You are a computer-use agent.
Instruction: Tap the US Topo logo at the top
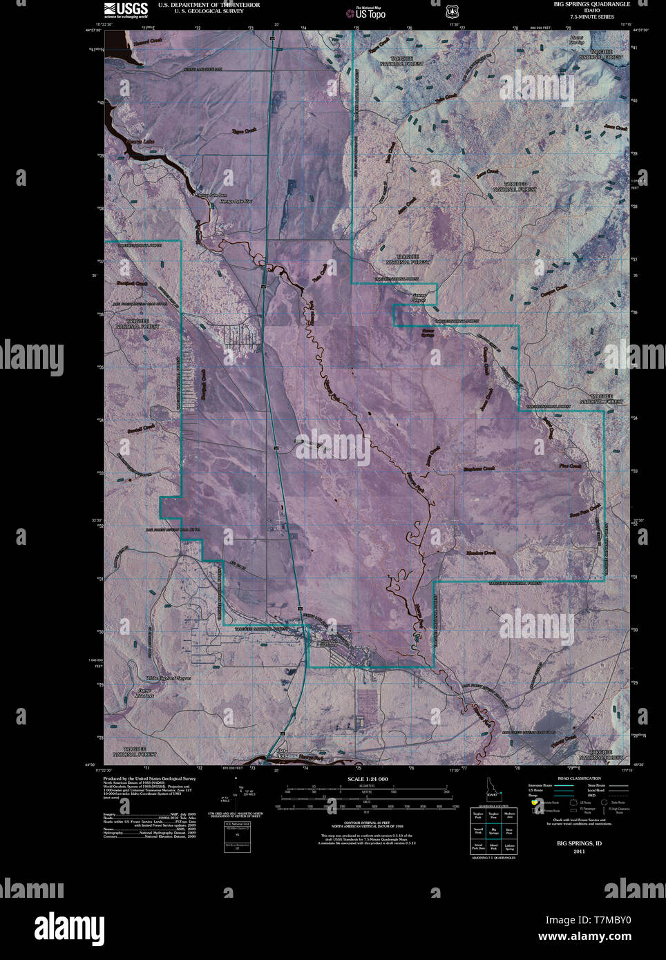pyautogui.click(x=366, y=12)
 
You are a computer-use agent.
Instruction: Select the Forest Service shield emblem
pyautogui.click(x=453, y=10)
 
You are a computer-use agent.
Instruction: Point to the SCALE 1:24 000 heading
pyautogui.click(x=368, y=778)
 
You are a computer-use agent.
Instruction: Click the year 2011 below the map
pyautogui.click(x=579, y=852)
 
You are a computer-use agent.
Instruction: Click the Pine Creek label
pyautogui.click(x=571, y=467)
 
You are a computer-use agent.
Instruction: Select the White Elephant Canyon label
pyautogui.click(x=164, y=679)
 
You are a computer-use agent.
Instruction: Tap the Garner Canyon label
pyautogui.click(x=420, y=298)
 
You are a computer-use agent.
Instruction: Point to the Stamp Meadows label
pyautogui.click(x=144, y=693)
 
